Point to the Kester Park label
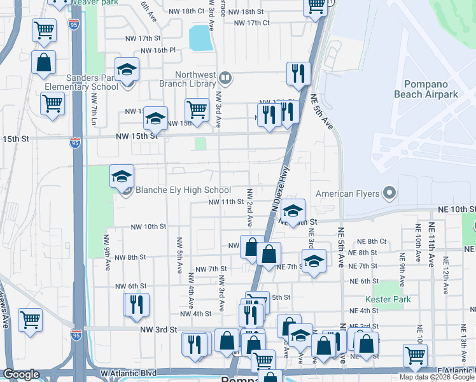tap(388, 299)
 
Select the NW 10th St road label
tap(148, 227)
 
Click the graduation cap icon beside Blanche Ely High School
tap(122, 177)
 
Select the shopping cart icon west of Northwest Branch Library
tap(197, 110)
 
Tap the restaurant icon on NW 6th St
tap(136, 304)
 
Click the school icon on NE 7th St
tap(314, 262)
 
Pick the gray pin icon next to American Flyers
tap(390, 194)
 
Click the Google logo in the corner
tap(21, 374)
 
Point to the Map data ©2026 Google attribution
tap(437, 377)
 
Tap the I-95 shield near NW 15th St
tap(75, 141)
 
